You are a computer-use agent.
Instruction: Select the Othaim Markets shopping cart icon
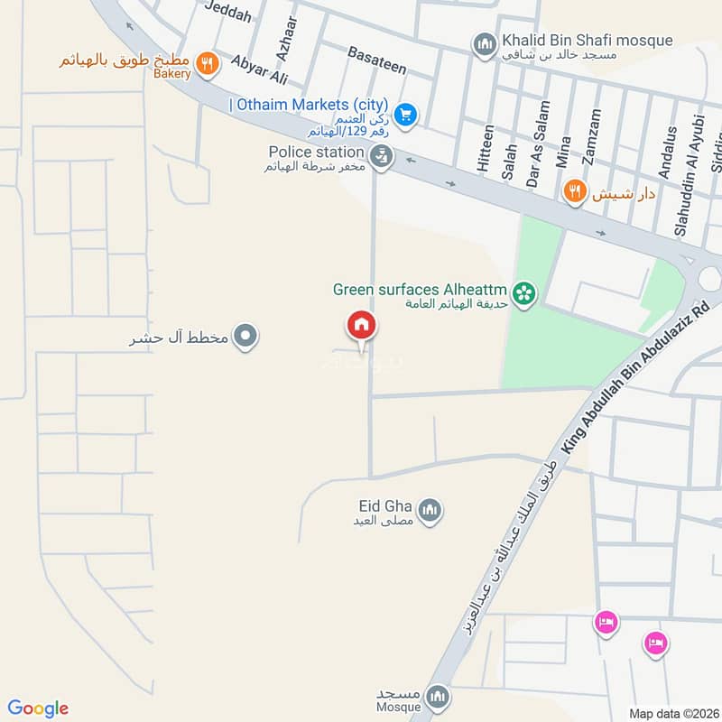405,115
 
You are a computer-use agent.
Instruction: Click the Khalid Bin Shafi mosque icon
486,43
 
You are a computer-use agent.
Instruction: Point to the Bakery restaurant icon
208,64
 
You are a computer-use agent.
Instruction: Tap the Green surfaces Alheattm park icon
523,292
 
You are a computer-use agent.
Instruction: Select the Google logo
38,708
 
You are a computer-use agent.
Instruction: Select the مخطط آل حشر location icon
245,338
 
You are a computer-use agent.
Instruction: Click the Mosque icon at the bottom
438,696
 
